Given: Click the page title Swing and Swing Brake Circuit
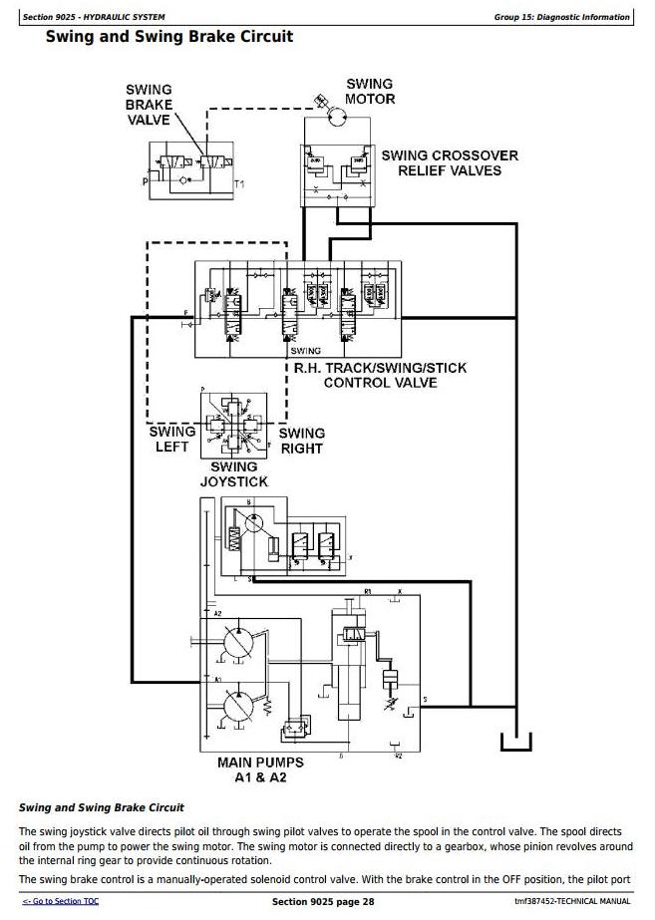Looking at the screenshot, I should (x=169, y=37).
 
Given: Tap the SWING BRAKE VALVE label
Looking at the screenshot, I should (x=150, y=105).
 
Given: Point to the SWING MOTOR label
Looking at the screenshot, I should (x=370, y=92).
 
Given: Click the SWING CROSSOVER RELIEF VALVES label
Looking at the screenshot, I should (x=450, y=162).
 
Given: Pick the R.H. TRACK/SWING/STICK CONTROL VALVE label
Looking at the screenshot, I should (x=380, y=375).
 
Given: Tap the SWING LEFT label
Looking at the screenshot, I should (x=171, y=440).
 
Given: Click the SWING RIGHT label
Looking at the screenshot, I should (x=301, y=441).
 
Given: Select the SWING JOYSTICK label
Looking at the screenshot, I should (x=234, y=474).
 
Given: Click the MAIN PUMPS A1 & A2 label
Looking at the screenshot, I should (x=260, y=769).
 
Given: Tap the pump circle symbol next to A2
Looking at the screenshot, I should (x=239, y=644).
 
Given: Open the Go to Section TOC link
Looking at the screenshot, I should (x=61, y=902).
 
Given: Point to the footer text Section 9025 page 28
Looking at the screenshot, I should (x=327, y=902).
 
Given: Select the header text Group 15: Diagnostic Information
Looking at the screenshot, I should (x=562, y=17).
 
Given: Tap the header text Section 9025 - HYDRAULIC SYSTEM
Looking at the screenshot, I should (x=95, y=17).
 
